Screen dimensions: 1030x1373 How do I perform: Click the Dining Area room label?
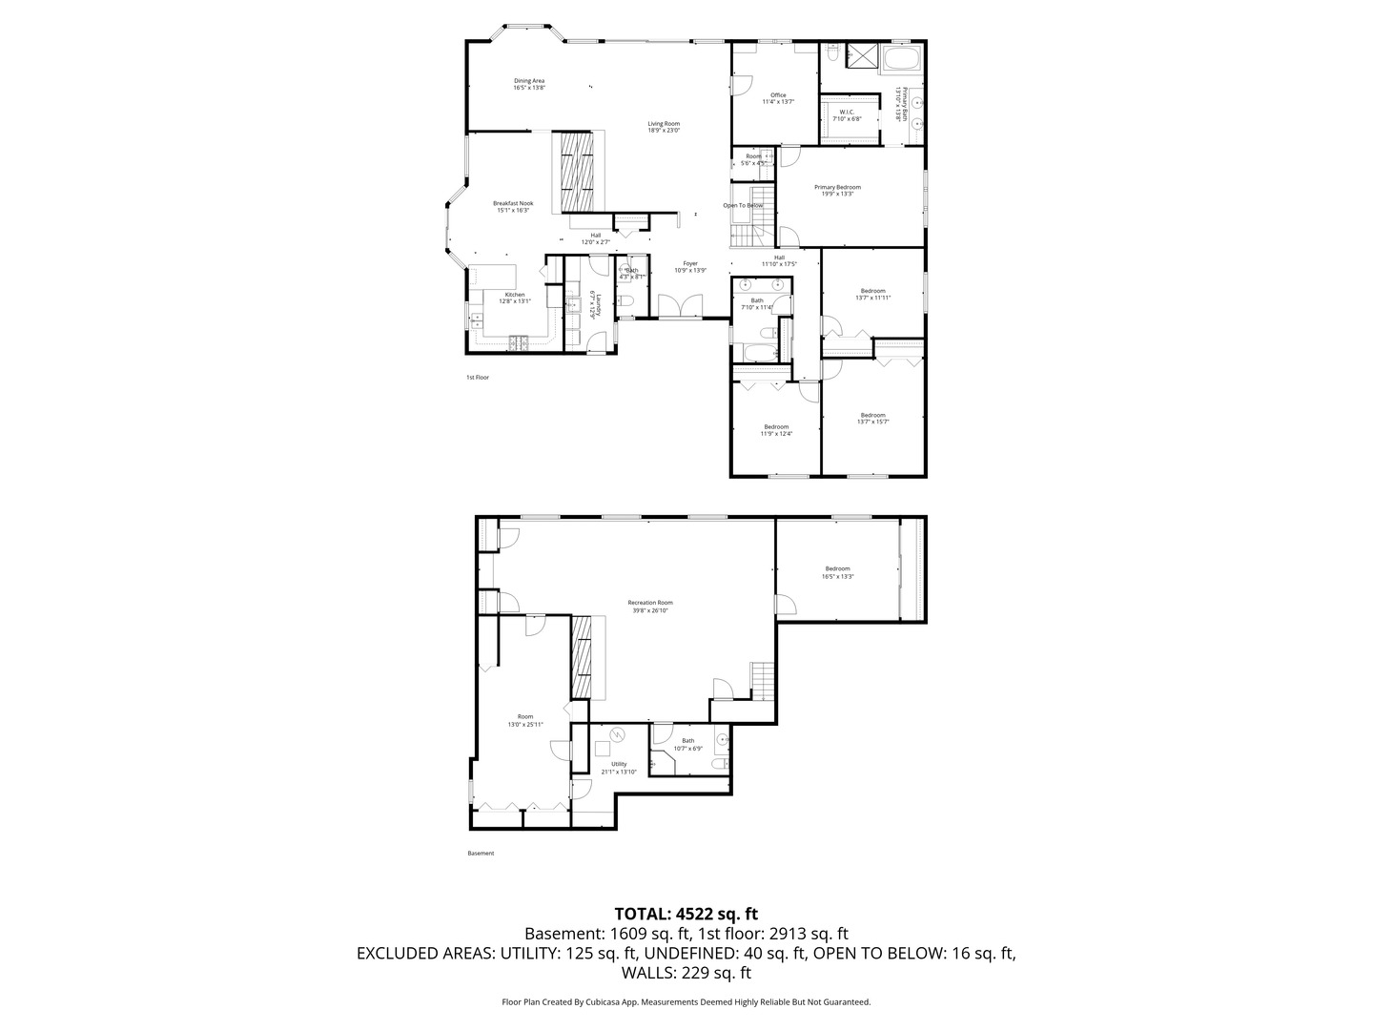[x=529, y=84]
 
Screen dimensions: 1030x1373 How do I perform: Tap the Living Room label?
[x=664, y=126]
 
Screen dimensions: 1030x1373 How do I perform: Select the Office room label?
[x=778, y=98]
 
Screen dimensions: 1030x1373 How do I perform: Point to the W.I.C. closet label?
[x=846, y=115]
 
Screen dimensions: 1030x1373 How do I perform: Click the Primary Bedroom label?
[x=837, y=190]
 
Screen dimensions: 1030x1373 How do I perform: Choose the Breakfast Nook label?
[x=513, y=206]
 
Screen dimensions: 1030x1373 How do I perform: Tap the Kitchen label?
[x=515, y=298]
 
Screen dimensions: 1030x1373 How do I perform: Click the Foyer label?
[x=689, y=266]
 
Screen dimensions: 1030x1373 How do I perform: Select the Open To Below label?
[x=743, y=206]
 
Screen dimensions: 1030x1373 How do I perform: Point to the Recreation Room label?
[x=649, y=606]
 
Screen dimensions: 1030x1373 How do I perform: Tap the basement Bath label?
[x=687, y=744]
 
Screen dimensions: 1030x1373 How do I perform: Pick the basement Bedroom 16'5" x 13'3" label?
[x=837, y=572]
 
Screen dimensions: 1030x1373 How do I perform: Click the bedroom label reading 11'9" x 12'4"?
[x=776, y=430]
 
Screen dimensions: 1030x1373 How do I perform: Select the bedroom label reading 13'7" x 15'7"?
[x=872, y=418]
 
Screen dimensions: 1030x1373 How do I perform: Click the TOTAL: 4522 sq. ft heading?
[x=686, y=914]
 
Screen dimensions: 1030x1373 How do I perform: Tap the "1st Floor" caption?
[x=477, y=378]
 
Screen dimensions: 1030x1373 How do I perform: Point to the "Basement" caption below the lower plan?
[x=481, y=854]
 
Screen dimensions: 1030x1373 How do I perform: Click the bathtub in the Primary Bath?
[x=901, y=60]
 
